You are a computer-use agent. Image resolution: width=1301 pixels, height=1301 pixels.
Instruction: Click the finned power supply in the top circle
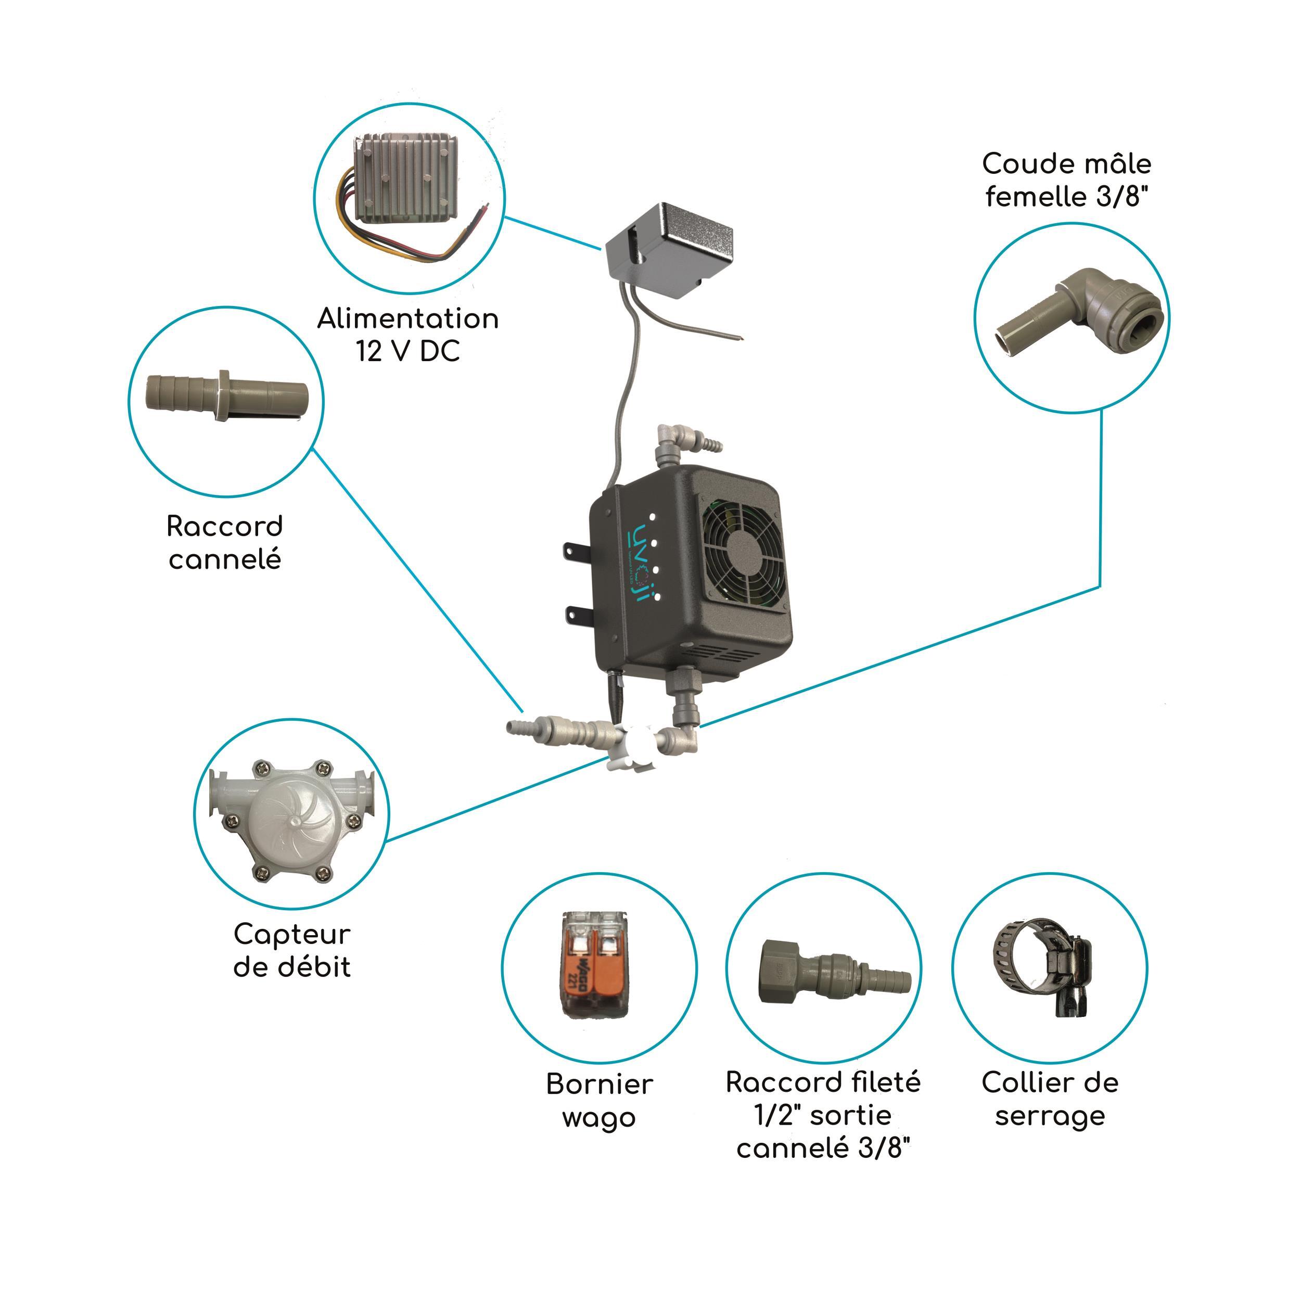point(406,179)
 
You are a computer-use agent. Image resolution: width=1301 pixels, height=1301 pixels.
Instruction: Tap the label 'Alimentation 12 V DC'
point(408,335)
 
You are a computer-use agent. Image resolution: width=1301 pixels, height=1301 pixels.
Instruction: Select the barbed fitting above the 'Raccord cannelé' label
point(227,396)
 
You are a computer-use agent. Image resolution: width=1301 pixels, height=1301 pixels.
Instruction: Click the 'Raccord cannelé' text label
point(225,543)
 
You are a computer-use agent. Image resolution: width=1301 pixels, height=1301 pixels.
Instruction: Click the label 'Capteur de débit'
point(292,950)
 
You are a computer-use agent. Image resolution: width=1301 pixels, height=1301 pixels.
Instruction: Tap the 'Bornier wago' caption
point(600,1101)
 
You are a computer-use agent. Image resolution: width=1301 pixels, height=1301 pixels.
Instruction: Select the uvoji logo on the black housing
point(636,563)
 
